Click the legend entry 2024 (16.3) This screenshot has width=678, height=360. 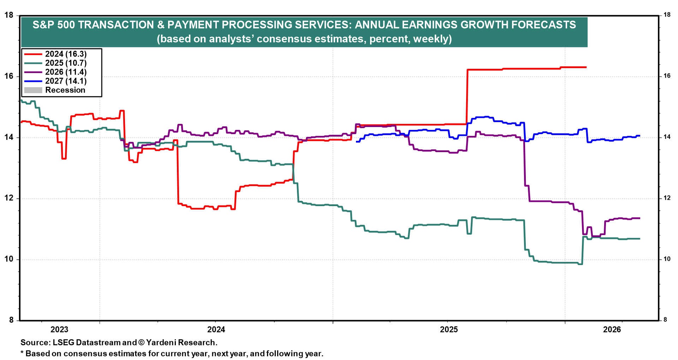click(x=66, y=54)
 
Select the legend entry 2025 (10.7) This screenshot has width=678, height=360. click(x=66, y=63)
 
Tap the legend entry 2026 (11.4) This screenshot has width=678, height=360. click(x=66, y=72)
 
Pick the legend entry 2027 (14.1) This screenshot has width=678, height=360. click(x=66, y=81)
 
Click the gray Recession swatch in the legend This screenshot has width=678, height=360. click(x=33, y=90)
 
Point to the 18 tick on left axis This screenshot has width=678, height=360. click(x=9, y=15)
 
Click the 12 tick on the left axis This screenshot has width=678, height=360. click(x=9, y=198)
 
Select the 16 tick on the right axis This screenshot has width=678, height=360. click(x=667, y=76)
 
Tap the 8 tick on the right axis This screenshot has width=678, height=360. click(x=665, y=320)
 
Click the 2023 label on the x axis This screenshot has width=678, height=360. click(x=59, y=330)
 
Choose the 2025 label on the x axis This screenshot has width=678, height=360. click(x=449, y=330)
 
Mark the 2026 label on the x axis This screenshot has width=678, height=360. click(x=612, y=330)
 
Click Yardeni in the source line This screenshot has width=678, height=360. click(x=162, y=343)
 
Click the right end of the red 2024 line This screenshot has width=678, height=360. click(x=586, y=67)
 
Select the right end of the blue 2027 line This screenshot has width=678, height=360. click(x=640, y=136)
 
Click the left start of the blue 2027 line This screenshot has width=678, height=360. click(x=356, y=142)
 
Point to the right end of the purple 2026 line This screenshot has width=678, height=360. click(x=640, y=218)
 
